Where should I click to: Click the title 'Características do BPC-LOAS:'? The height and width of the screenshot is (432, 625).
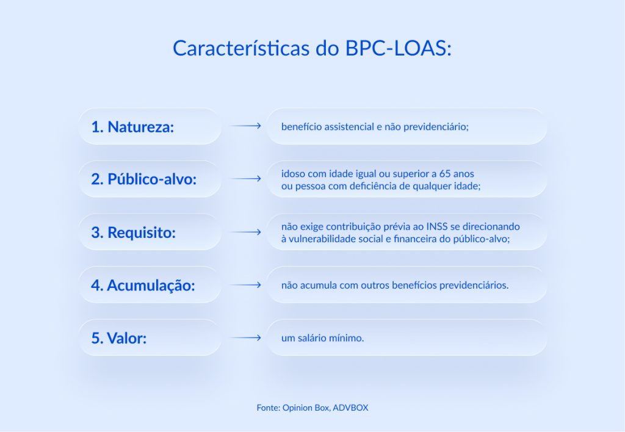tap(312, 48)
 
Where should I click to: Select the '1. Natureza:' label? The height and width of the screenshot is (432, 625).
tap(132, 127)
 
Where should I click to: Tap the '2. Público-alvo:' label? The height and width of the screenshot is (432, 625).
tap(144, 179)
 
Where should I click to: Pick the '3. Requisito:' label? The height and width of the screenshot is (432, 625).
tap(133, 232)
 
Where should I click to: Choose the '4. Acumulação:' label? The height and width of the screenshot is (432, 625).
tap(143, 285)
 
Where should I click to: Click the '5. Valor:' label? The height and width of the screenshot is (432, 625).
tap(119, 338)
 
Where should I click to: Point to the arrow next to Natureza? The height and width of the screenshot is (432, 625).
tap(245, 126)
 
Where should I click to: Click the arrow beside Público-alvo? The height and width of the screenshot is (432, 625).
tap(245, 179)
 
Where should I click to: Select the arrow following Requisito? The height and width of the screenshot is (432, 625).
tap(245, 232)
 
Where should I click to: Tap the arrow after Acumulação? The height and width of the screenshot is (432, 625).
tap(245, 285)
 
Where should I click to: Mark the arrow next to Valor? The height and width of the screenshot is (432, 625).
tap(245, 337)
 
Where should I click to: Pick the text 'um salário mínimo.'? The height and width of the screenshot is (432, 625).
tap(322, 337)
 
